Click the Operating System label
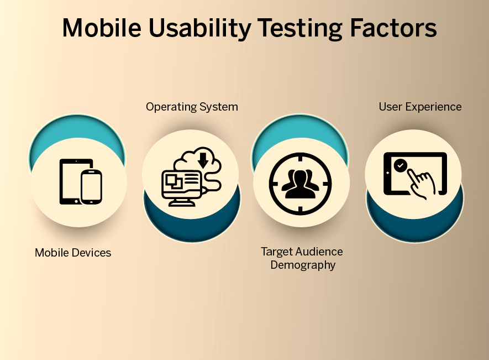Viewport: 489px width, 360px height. [192, 107]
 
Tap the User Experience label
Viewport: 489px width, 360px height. [420, 107]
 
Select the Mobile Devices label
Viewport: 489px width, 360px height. [73, 253]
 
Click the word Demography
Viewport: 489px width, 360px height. [303, 265]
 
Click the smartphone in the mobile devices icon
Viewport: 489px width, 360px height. [91, 186]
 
